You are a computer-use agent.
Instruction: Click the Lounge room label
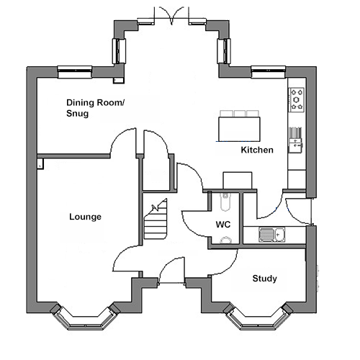click(85, 217)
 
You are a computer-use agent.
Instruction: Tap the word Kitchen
click(257, 150)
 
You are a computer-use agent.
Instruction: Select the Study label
click(264, 279)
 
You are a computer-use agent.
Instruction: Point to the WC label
click(223, 225)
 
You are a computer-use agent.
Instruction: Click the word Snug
click(77, 113)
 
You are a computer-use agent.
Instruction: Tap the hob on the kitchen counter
click(297, 99)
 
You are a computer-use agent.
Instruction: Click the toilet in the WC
click(225, 202)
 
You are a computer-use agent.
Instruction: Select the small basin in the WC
click(225, 240)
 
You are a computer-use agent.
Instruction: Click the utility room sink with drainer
click(271, 235)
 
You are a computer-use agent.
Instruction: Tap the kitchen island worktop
click(239, 129)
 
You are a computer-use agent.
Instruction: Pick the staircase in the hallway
click(156, 219)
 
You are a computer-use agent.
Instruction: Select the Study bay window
click(258, 318)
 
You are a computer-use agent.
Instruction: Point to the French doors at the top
click(171, 16)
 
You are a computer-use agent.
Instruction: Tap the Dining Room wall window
click(75, 72)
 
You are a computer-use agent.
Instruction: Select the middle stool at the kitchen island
click(239, 114)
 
